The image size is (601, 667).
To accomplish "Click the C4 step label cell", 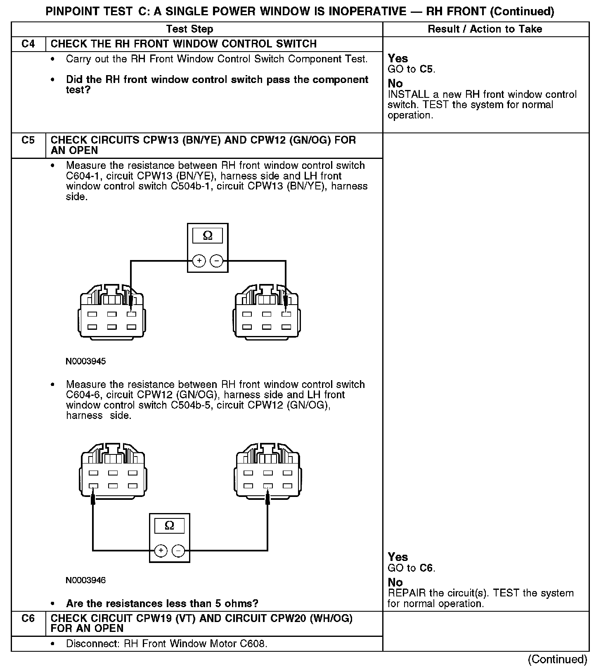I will (28, 44).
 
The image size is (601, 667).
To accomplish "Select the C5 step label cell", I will (28, 140).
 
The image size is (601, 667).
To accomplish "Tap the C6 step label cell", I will (28, 618).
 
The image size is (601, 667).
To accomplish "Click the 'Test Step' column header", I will (189, 29).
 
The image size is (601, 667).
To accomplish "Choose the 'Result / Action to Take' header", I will (485, 29).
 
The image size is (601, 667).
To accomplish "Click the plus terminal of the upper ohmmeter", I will (199, 261).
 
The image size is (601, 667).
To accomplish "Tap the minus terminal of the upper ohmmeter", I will (216, 261).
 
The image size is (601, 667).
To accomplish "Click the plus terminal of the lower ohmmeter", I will (161, 551).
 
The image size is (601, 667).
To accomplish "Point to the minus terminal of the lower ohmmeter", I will (178, 551).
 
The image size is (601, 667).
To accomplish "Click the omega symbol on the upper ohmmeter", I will (208, 236).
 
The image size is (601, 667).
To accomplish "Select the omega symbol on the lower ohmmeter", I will (169, 525).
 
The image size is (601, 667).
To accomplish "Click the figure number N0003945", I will (85, 362).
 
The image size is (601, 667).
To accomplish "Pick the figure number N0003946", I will (85, 580).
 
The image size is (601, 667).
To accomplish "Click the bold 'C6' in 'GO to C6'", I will (427, 568).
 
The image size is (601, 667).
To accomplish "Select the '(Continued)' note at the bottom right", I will (557, 660).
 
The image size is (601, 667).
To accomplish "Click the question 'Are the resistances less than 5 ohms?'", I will (162, 603).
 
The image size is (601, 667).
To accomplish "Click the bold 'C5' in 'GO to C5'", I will (427, 69).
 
